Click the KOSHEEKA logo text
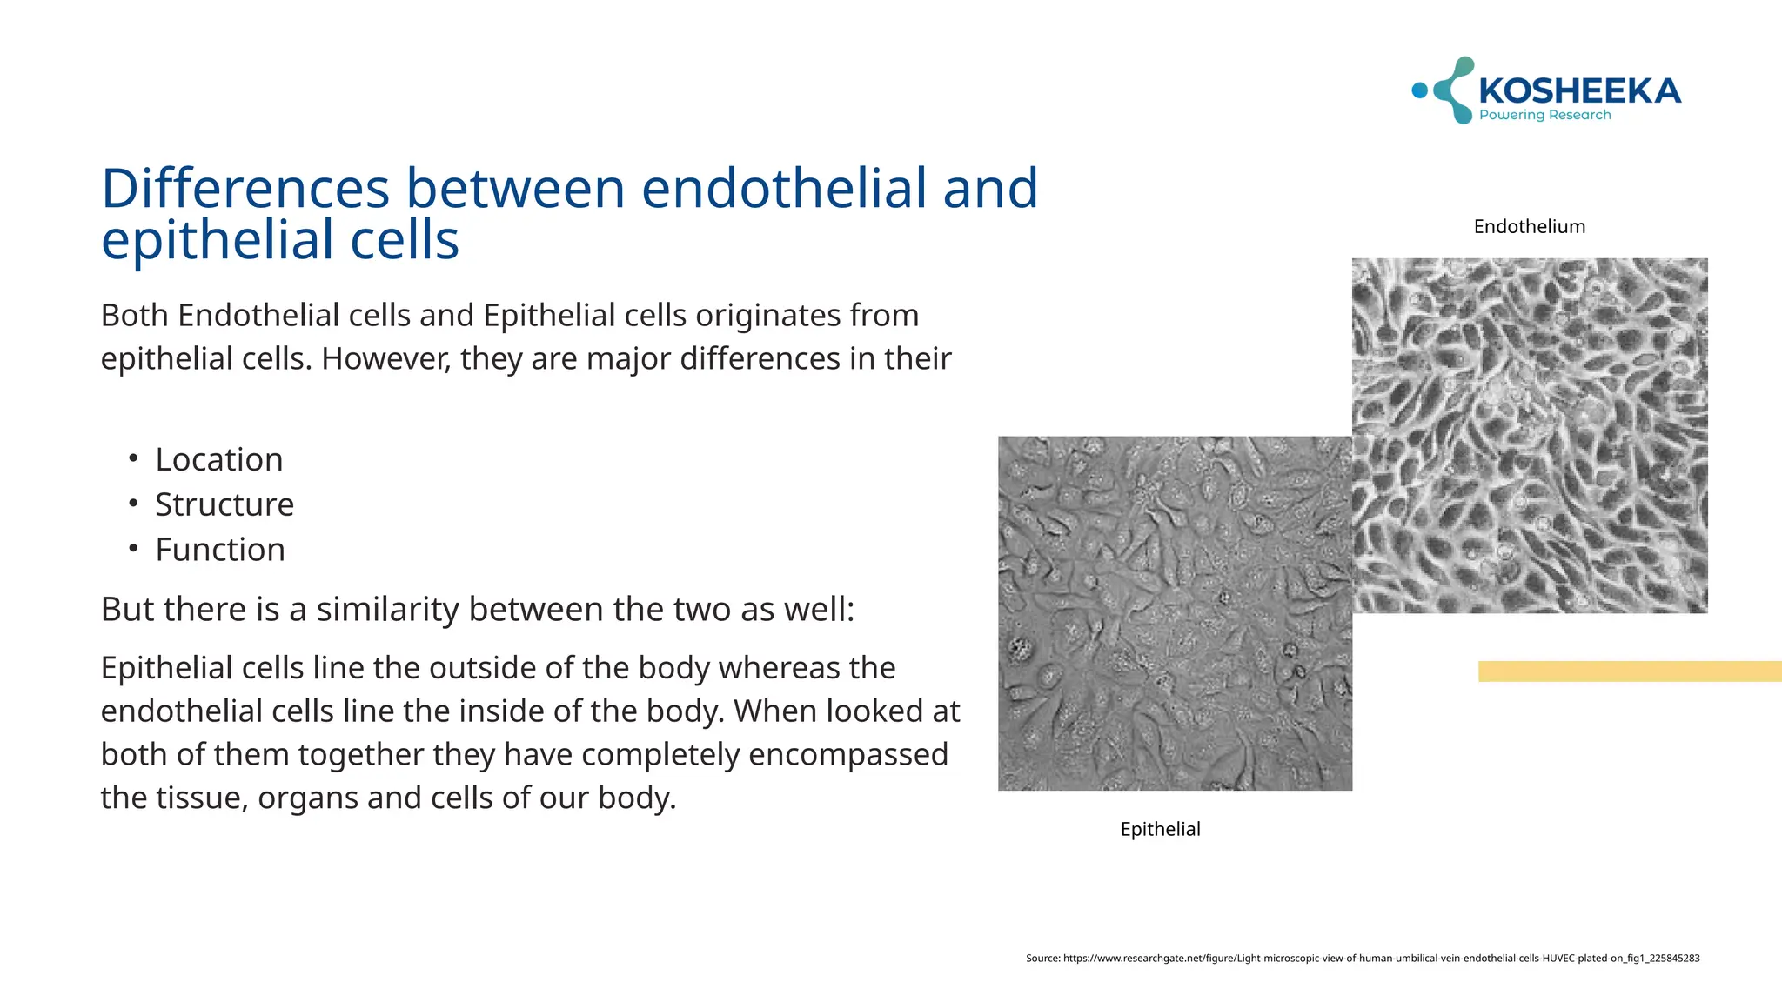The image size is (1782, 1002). [1579, 90]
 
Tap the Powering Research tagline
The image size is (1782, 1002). [1544, 115]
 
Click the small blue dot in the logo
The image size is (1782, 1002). [1419, 90]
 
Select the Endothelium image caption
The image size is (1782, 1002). [1529, 227]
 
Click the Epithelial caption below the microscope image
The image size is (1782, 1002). [1160, 830]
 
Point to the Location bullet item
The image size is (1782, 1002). [219, 460]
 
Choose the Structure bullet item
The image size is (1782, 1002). [224, 505]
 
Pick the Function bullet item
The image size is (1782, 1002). [220, 551]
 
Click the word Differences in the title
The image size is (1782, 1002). [245, 189]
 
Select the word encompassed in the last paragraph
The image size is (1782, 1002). [847, 755]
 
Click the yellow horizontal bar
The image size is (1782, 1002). [1629, 671]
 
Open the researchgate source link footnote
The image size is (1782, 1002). [1363, 959]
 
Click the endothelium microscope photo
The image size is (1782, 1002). [1530, 435]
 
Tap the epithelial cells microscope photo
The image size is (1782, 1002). [1175, 613]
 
